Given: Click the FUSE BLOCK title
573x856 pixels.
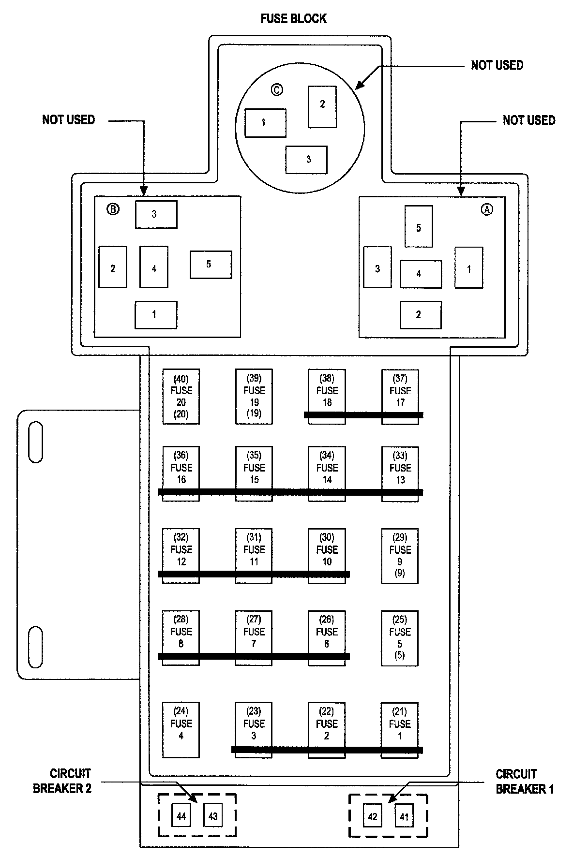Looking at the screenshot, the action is pos(293,18).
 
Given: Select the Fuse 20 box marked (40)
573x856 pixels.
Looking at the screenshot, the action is pos(181,397).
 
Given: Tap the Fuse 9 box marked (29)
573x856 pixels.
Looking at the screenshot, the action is pos(400,556).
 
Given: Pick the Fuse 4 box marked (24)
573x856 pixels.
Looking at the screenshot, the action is pos(181,729).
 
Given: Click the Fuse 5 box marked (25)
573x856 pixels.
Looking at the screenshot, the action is pos(400,638).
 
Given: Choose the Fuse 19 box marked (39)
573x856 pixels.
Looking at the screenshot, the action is pos(254,397).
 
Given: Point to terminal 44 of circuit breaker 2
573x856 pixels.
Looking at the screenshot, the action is pos(181,816).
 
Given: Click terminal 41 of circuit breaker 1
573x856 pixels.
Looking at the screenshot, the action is pos(404,817).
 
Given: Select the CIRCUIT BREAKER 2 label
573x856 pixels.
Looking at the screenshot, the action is pos(62,781).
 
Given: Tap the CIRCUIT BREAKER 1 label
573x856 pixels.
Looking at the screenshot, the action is pos(525,782).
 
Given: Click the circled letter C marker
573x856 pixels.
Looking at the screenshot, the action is pos(277,89).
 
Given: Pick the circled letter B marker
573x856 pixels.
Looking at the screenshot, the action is pos(113,209).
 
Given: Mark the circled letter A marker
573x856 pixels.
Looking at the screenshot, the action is pos(487,209).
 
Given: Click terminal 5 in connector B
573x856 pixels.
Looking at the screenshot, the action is pos(211,265).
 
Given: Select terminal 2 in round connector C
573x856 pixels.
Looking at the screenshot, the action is pos(322,107).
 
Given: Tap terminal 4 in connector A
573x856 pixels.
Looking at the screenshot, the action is pos(421,274).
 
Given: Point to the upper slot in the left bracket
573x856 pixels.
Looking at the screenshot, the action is pos(35,442).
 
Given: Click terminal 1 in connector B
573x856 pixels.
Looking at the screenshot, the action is pos(156,315).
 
